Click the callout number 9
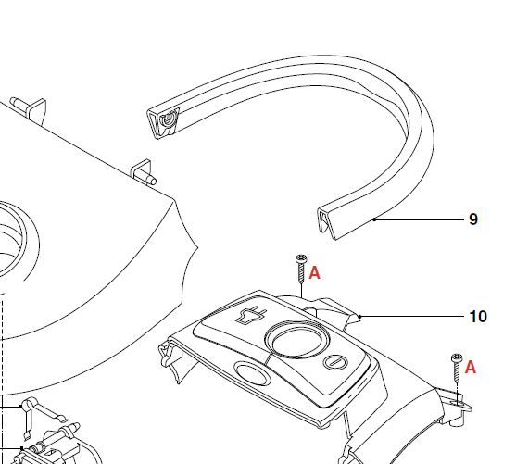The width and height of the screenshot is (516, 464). [472, 219]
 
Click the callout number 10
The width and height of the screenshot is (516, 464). [478, 317]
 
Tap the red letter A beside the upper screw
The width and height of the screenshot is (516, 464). [314, 273]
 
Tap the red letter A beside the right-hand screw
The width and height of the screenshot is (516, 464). [471, 368]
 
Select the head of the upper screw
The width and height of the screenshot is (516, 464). [301, 258]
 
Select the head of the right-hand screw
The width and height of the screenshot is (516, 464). [457, 357]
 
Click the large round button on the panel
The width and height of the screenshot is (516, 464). [296, 339]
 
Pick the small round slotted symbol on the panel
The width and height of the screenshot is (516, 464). [335, 362]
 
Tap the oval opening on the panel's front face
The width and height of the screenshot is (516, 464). [252, 373]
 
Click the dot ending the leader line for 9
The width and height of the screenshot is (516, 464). [374, 219]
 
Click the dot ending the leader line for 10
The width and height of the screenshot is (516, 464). [359, 317]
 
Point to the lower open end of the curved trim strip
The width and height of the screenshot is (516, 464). [327, 222]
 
